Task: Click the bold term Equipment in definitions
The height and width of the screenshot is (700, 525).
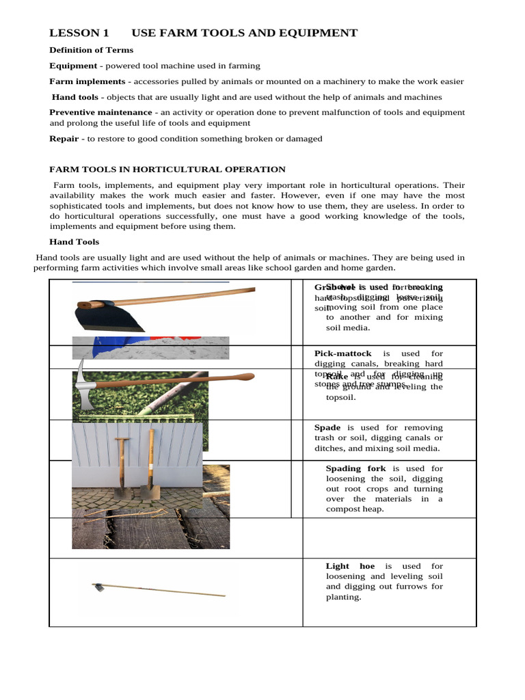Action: pyautogui.click(x=73, y=66)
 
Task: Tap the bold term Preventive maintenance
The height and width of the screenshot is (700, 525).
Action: pyautogui.click(x=100, y=112)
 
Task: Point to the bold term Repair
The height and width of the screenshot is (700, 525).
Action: pyautogui.click(x=64, y=139)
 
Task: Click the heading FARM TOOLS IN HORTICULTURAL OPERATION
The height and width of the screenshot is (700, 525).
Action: pyautogui.click(x=167, y=170)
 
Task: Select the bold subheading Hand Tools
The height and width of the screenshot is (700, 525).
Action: pyautogui.click(x=74, y=242)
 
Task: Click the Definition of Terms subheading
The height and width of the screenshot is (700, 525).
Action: pyautogui.click(x=91, y=50)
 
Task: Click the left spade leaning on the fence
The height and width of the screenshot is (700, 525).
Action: pyautogui.click(x=121, y=472)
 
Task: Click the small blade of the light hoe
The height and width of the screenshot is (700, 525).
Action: pyautogui.click(x=98, y=586)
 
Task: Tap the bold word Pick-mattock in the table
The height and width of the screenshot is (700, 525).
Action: pyautogui.click(x=343, y=353)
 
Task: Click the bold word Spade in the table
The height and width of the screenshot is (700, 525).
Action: pyautogui.click(x=327, y=427)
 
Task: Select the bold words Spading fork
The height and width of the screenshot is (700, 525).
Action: pyautogui.click(x=355, y=468)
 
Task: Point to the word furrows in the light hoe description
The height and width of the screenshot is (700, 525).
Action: pyautogui.click(x=410, y=587)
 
